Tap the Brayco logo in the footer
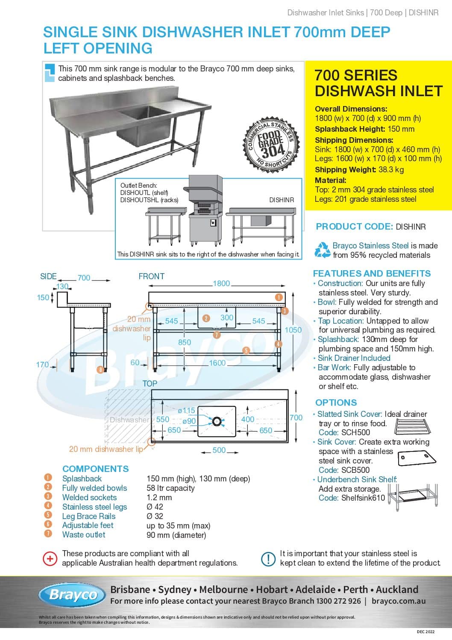pos(72,595)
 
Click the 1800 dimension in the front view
pos(221,283)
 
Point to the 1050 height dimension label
pos(293,330)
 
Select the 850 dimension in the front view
pos(185,342)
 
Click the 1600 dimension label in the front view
pos(217,363)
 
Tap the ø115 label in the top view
pos(186,410)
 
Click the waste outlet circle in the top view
pos(217,422)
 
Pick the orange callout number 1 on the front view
pos(279,297)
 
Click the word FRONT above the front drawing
pos(151,277)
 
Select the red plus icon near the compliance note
pos(50,558)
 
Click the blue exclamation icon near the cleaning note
pos(268,558)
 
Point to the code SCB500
pos(355,470)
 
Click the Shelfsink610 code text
pos(363,498)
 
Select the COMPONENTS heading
pos(95,469)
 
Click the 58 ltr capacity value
pos(170,488)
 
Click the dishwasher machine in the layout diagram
pos(204,209)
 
